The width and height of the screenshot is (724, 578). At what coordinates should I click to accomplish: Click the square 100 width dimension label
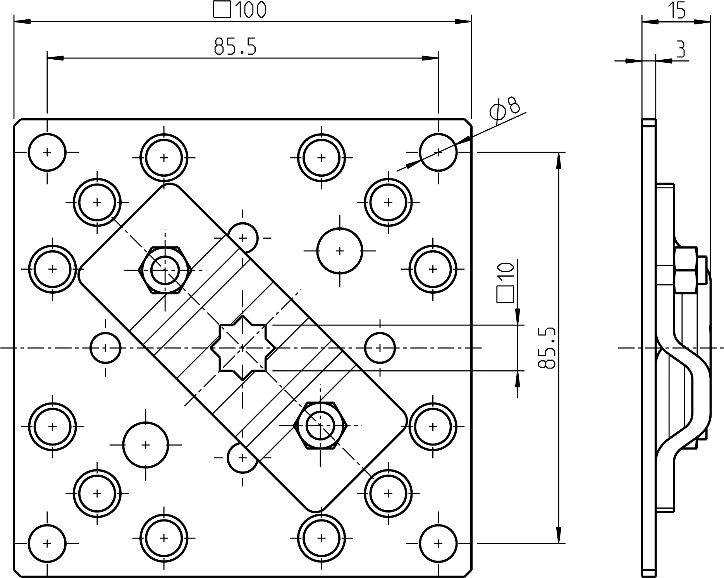240,10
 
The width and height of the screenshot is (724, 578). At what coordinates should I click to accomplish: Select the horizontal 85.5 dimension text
235,46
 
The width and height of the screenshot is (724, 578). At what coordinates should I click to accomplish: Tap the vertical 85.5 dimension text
547,347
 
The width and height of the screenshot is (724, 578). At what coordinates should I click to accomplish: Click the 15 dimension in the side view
677,10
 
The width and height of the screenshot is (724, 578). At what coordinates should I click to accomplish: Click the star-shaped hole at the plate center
243,348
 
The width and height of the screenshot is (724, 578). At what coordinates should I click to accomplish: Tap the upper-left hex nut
165,270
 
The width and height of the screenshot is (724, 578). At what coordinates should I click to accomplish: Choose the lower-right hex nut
320,425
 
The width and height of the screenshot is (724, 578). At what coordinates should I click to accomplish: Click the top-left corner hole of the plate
47,152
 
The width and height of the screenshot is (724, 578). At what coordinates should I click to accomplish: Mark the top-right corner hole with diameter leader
438,152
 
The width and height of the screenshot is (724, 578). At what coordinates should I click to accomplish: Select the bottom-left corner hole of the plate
47,543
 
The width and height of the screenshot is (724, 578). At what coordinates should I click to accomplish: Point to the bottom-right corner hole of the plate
438,543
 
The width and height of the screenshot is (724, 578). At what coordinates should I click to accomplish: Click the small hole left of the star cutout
105,348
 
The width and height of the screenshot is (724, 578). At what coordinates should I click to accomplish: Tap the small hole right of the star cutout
380,348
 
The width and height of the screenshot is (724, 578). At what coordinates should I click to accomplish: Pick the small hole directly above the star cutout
243,237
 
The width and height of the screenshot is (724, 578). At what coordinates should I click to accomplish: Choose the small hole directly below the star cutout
242,458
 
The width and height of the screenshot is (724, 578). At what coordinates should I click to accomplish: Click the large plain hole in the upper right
340,251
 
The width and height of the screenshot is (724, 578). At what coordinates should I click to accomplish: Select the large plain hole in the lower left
146,445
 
